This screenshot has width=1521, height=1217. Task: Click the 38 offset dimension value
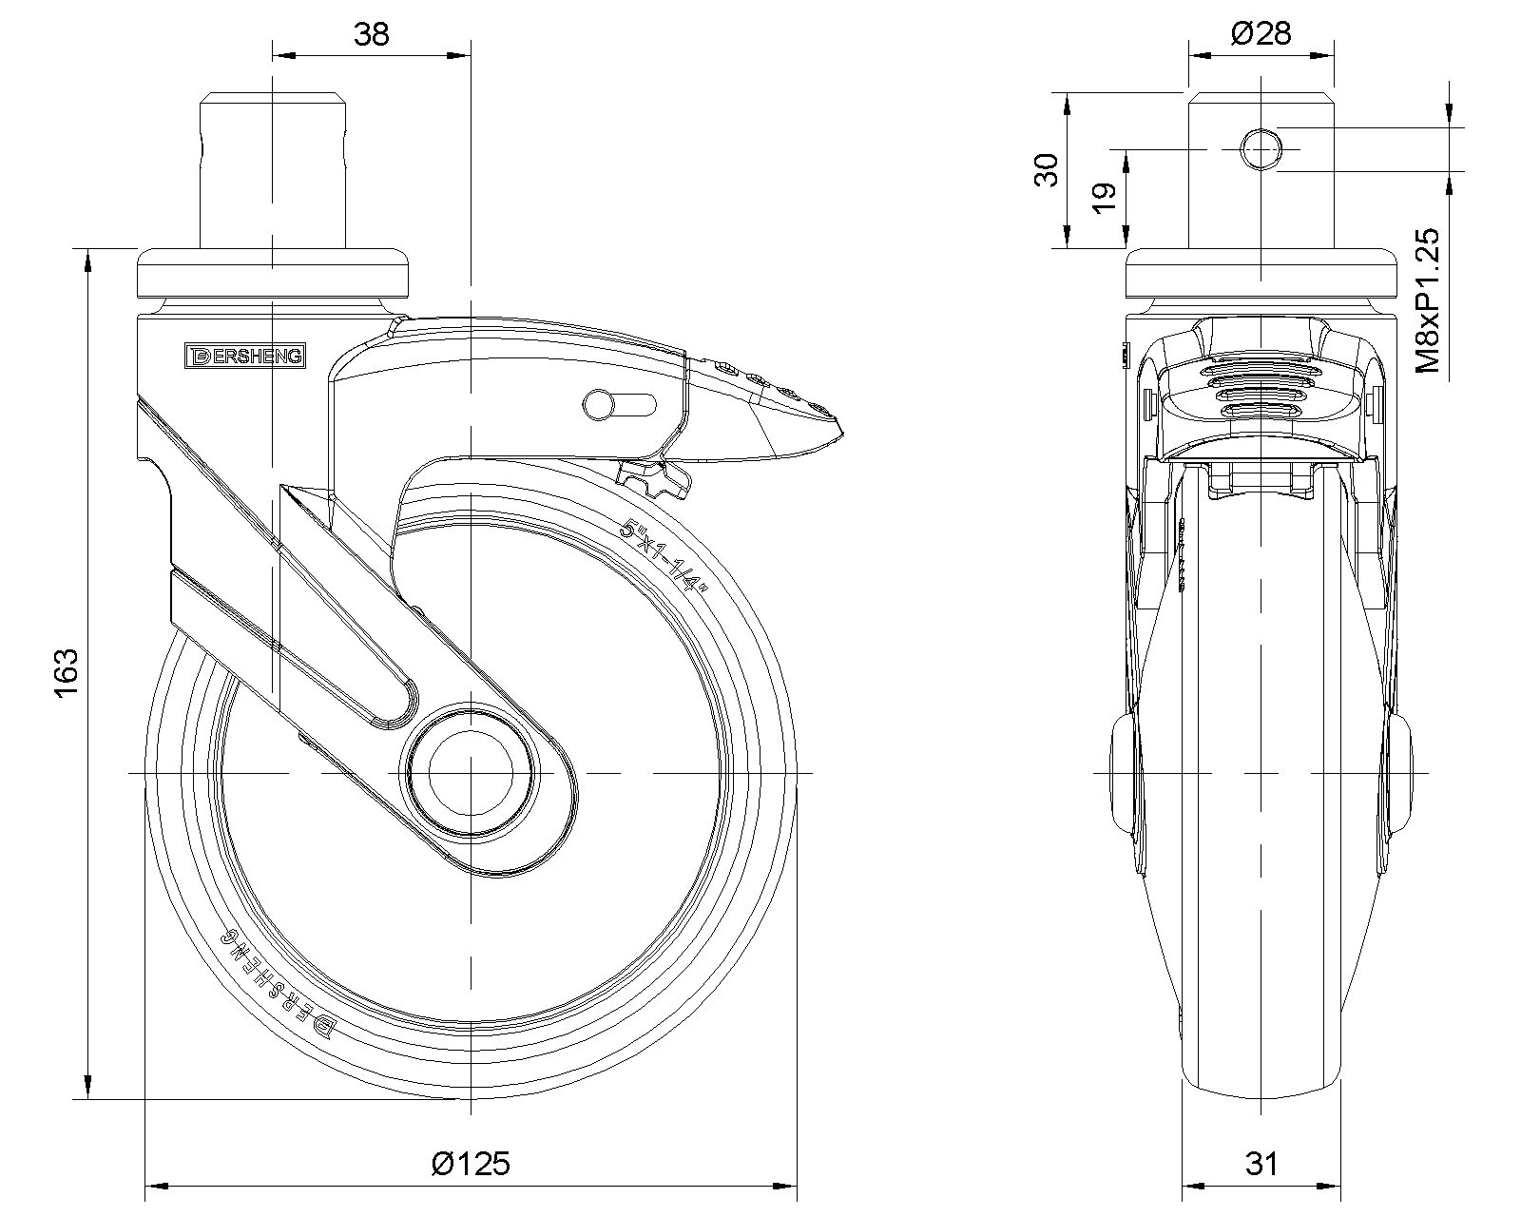click(x=371, y=34)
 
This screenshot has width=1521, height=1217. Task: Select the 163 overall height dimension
click(x=67, y=672)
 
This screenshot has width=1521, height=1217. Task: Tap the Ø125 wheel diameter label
click(x=471, y=1163)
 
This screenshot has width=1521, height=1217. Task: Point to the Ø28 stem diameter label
click(x=1261, y=33)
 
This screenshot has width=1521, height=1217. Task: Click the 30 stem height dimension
click(x=1047, y=170)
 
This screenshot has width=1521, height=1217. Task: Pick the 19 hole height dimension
click(x=1104, y=198)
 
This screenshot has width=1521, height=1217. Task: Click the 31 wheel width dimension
click(x=1261, y=1163)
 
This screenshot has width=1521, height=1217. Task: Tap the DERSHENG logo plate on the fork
click(x=245, y=356)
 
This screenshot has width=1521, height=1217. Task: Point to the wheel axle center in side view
click(x=471, y=773)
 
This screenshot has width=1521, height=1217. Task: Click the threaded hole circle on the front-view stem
click(x=1261, y=149)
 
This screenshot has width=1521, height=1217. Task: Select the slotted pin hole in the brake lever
click(x=619, y=405)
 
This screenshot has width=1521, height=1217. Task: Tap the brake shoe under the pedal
click(x=654, y=479)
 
